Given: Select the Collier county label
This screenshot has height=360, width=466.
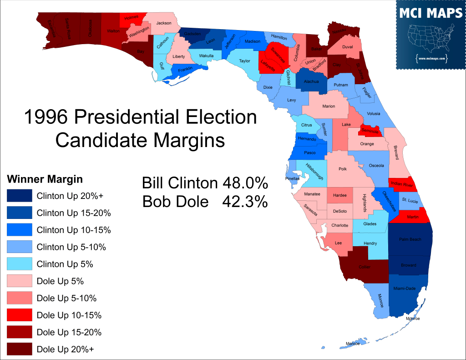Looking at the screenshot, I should (x=364, y=267).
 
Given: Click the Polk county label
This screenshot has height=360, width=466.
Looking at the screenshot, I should (x=343, y=168).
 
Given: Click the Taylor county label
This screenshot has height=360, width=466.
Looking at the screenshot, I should (x=245, y=61).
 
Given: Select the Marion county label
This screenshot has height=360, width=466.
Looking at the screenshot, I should (x=329, y=106).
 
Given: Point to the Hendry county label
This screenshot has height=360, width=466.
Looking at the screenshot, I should (x=370, y=243).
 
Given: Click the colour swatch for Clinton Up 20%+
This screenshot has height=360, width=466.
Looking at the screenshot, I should (x=20, y=196).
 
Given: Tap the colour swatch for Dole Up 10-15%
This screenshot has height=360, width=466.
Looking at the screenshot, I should (x=20, y=315).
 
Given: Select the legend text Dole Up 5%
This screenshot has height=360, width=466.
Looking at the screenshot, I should (x=60, y=281).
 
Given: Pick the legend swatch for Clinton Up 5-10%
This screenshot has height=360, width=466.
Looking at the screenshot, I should (x=20, y=247).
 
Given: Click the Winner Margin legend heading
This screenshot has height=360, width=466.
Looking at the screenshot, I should (x=45, y=178).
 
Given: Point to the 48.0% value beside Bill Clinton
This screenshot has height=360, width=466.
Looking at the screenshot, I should (x=245, y=183).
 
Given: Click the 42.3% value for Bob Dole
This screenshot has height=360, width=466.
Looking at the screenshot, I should (x=245, y=202).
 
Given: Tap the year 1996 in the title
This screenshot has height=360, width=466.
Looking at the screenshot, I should (x=45, y=117).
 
